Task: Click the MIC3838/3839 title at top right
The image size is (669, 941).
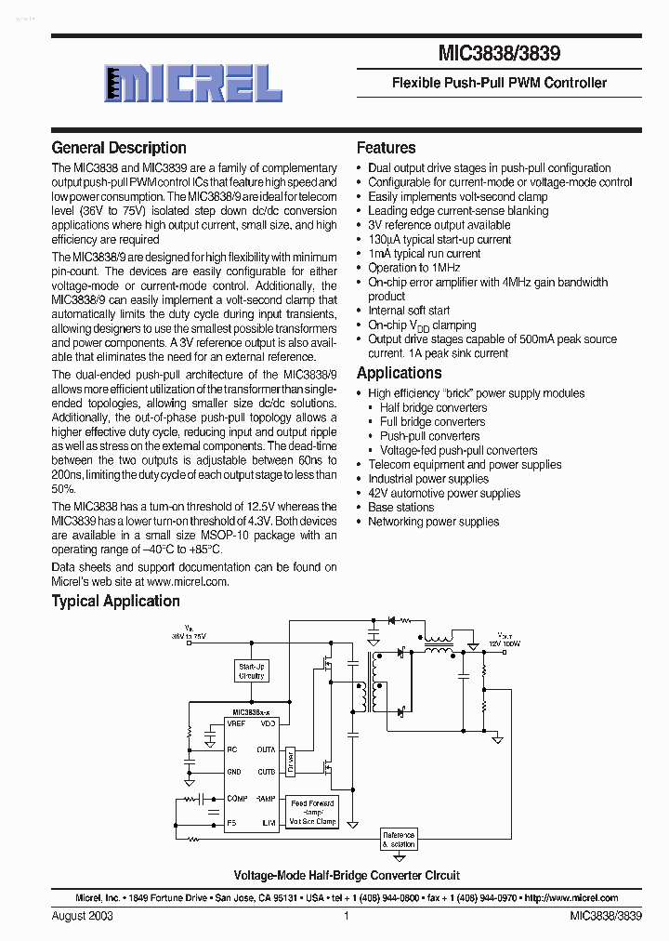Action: [x=500, y=55]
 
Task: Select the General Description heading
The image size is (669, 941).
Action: [x=119, y=148]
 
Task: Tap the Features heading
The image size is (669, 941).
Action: [x=387, y=148]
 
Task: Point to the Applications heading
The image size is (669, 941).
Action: [x=400, y=373]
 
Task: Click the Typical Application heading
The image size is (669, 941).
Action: [x=116, y=602]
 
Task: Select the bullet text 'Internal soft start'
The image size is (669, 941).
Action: [x=409, y=311]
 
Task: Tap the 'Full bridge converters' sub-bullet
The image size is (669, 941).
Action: [x=432, y=422]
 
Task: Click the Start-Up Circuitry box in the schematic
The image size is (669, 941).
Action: [x=252, y=671]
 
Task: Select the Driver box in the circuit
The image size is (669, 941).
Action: [x=290, y=761]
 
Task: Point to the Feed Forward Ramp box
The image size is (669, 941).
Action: [x=312, y=812]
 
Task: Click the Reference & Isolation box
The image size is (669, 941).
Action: [x=399, y=840]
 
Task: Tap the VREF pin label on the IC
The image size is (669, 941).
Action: [x=237, y=722]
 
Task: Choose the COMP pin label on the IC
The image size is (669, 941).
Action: [x=238, y=799]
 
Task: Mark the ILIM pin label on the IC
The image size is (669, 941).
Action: [x=268, y=823]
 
